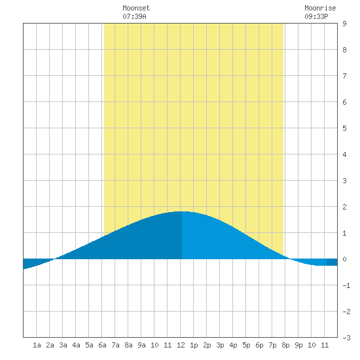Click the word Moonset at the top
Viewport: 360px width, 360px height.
(x=136, y=8)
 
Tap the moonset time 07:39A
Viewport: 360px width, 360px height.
(x=134, y=16)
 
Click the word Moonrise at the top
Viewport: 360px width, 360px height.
(x=320, y=8)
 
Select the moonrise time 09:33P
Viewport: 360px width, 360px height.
(x=316, y=16)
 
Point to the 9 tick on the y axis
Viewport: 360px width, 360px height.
(x=344, y=24)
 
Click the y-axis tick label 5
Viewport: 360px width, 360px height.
(x=344, y=128)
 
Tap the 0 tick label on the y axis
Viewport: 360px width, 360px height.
(x=344, y=259)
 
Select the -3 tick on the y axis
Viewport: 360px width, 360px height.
(x=346, y=338)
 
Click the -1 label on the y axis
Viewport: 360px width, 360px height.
(x=346, y=285)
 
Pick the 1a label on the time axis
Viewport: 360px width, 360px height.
(x=37, y=345)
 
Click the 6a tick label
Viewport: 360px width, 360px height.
(x=102, y=345)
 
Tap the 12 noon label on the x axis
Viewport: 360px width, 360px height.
(x=181, y=345)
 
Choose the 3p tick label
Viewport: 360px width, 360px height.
(x=220, y=345)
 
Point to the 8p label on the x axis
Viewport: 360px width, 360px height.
(x=285, y=345)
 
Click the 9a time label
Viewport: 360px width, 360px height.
(x=141, y=345)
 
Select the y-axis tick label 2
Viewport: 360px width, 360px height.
(x=344, y=207)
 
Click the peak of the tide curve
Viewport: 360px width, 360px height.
(x=182, y=211)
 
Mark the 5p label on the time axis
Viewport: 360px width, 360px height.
(x=246, y=345)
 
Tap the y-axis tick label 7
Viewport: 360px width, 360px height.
(x=344, y=76)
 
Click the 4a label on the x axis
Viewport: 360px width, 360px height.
(x=76, y=345)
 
